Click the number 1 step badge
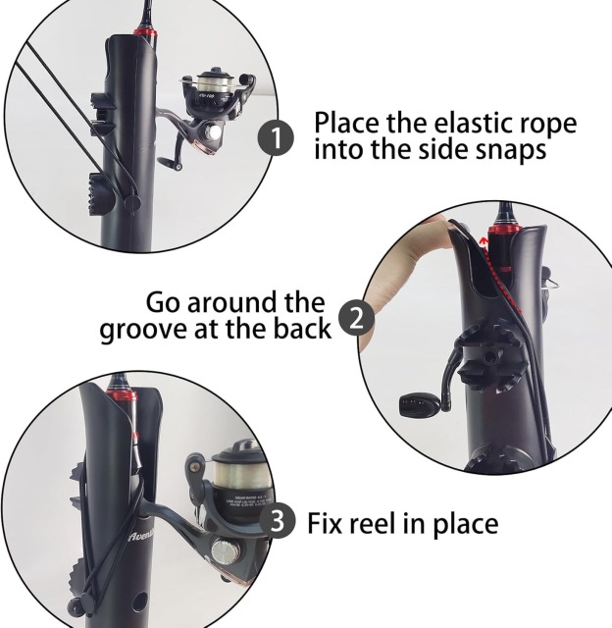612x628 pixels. (x=280, y=138)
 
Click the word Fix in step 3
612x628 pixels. (x=330, y=523)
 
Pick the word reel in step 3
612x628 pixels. (x=386, y=523)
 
